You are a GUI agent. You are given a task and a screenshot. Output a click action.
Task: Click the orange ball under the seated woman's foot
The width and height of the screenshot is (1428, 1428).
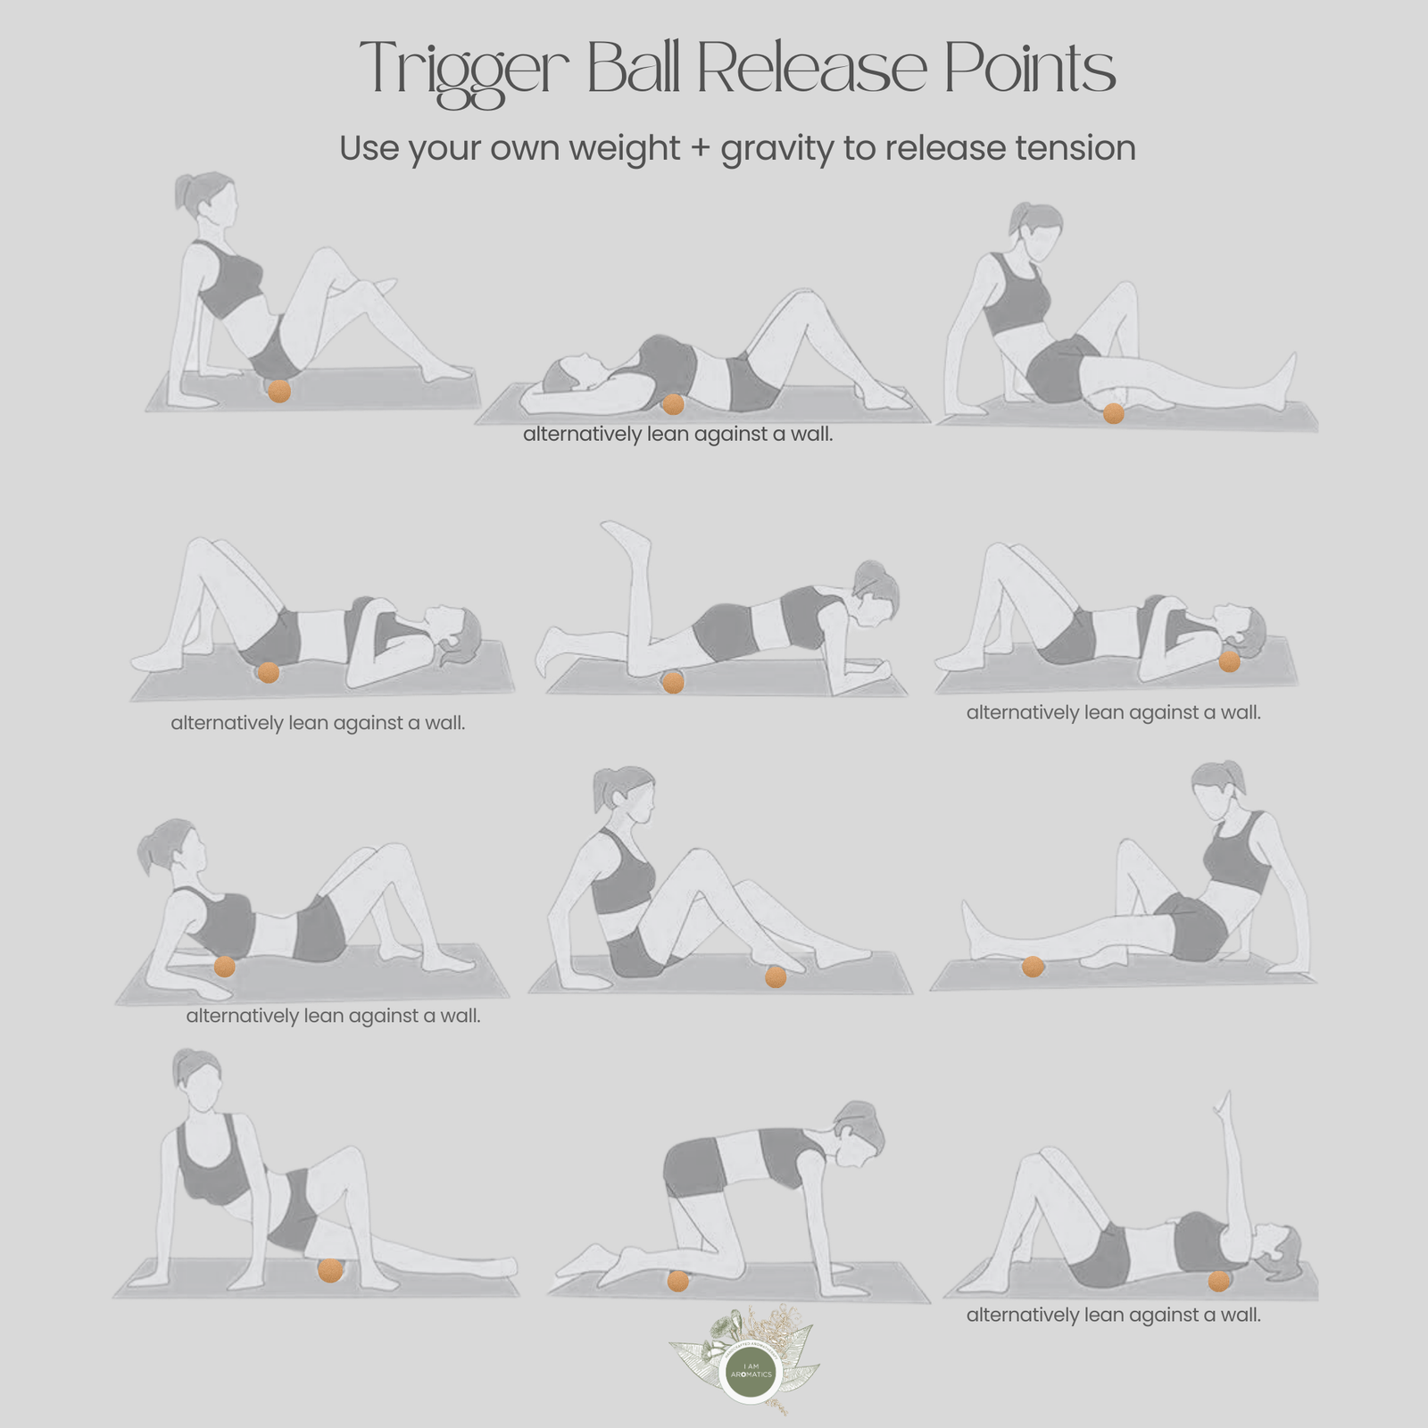pyautogui.click(x=776, y=977)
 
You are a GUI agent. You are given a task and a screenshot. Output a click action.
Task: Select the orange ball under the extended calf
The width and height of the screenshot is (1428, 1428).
pyautogui.click(x=1033, y=967)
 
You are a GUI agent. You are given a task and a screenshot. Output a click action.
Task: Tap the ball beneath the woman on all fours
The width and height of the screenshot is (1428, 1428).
pyautogui.click(x=678, y=1282)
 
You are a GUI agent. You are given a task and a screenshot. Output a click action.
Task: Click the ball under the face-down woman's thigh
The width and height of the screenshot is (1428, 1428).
pyautogui.click(x=673, y=683)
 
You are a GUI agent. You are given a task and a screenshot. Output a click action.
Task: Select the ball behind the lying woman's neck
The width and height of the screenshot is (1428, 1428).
pyautogui.click(x=1229, y=661)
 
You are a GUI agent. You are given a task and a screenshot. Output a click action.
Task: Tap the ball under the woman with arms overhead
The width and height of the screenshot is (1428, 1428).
pyautogui.click(x=673, y=404)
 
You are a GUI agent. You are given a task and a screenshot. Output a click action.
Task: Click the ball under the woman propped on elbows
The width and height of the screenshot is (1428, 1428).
pyautogui.click(x=224, y=967)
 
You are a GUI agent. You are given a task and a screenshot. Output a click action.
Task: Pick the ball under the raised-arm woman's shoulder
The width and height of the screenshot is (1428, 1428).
pyautogui.click(x=1218, y=1281)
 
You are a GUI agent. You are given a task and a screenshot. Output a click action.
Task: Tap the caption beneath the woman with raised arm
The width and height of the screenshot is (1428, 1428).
pyautogui.click(x=1113, y=1315)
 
